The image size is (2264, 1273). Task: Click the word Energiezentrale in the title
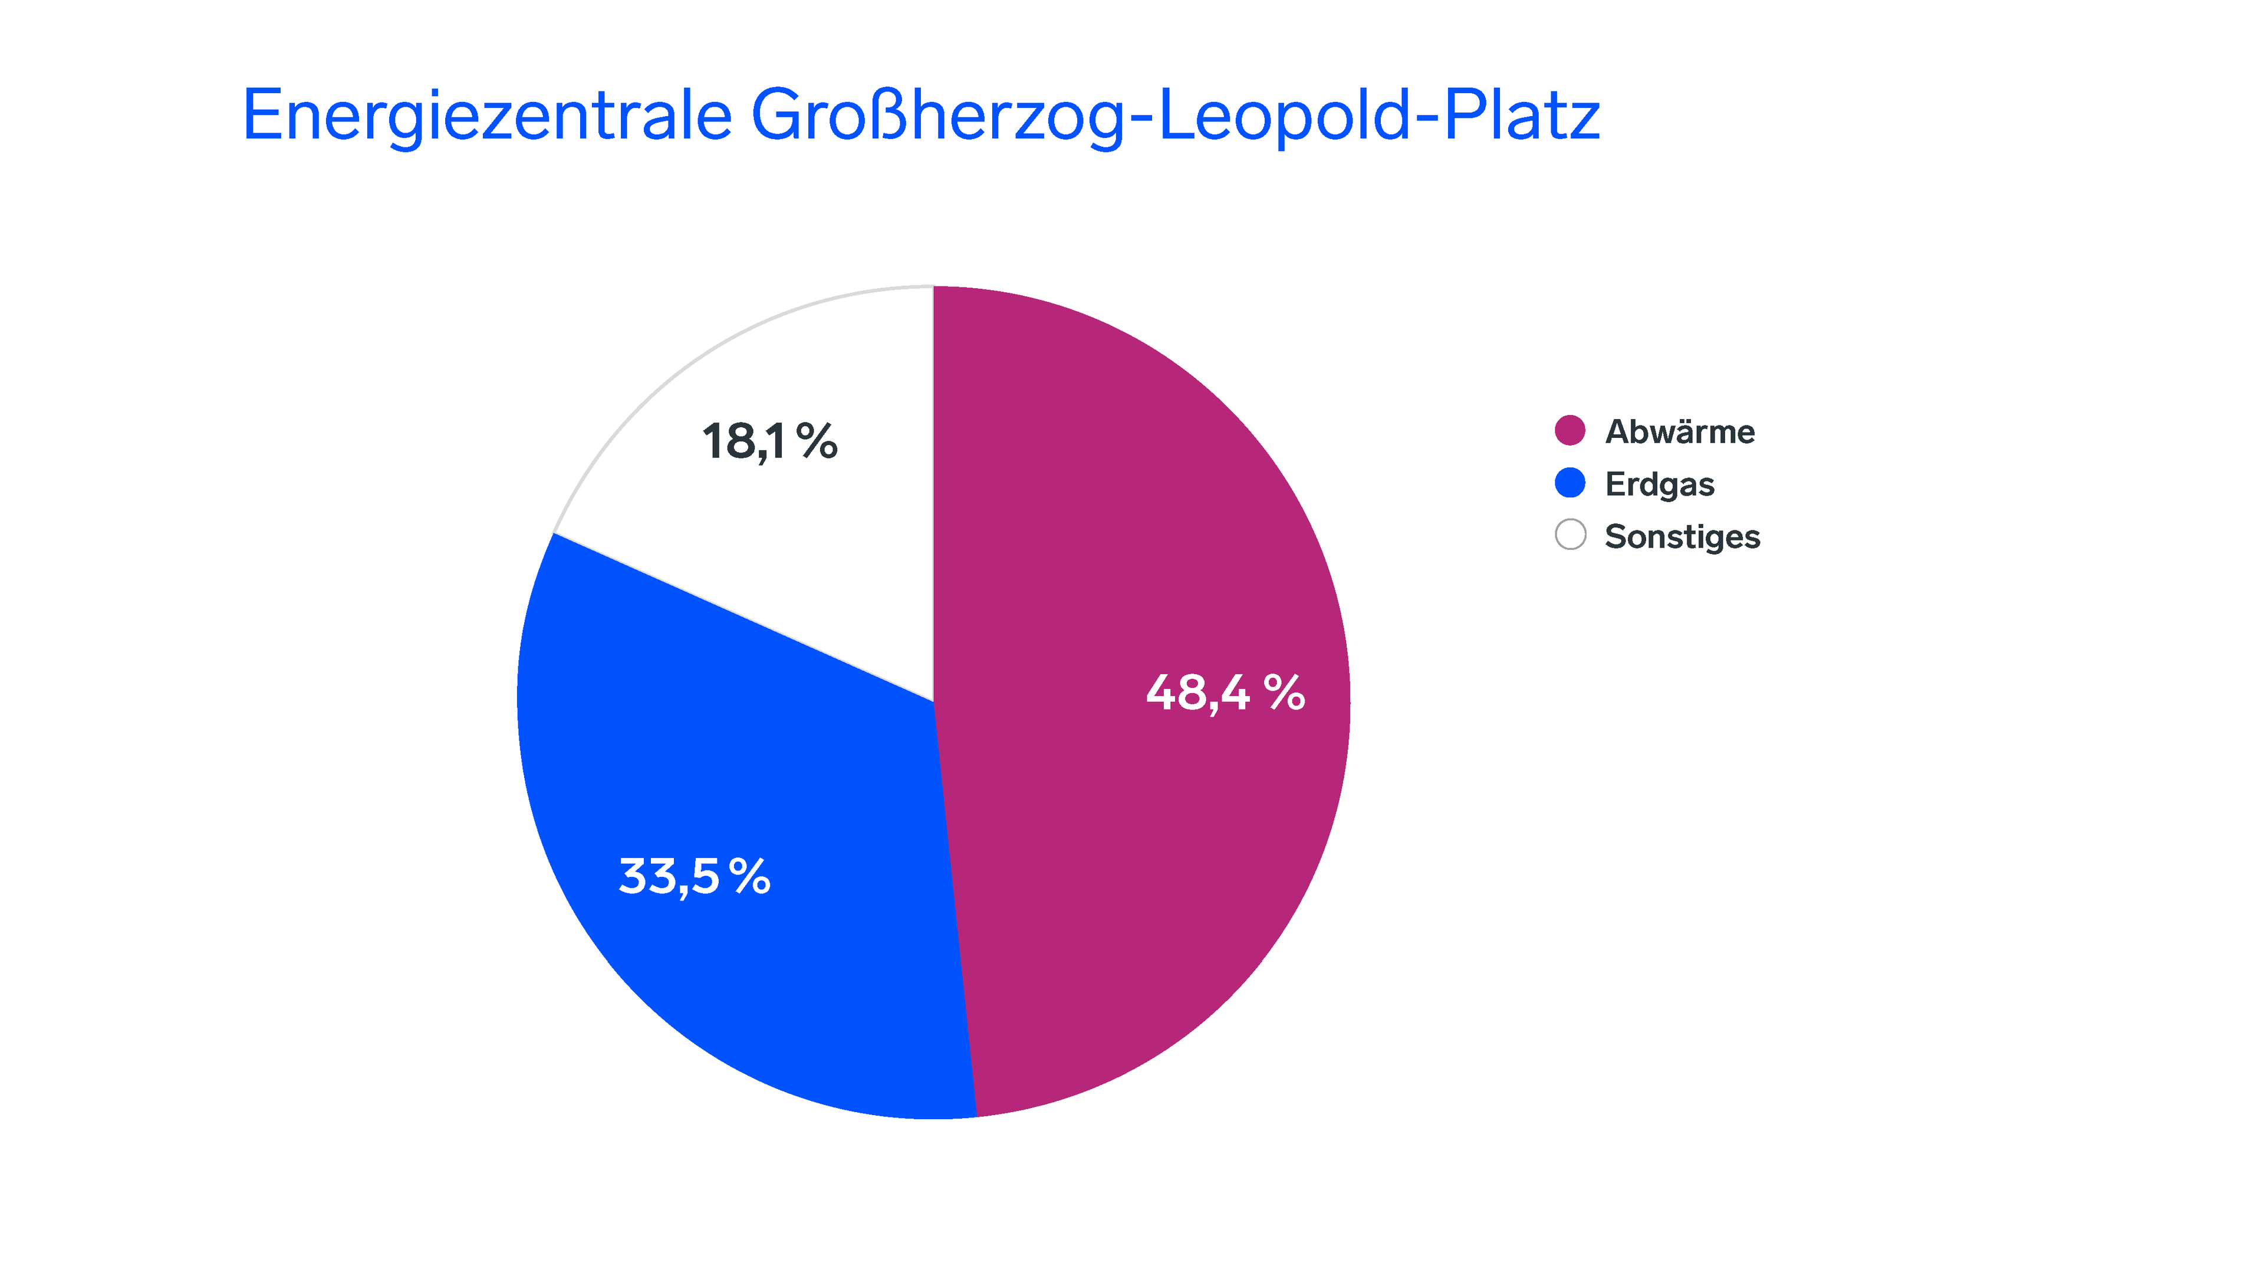coord(486,116)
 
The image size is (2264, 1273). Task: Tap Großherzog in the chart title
coord(937,116)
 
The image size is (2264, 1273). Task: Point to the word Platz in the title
coord(1521,116)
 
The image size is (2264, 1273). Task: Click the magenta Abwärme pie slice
coord(1143,527)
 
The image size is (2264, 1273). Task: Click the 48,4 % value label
coord(1225,693)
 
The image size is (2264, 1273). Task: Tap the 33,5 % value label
coord(695,877)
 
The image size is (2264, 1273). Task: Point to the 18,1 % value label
coord(769,441)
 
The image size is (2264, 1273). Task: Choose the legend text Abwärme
coord(1680,431)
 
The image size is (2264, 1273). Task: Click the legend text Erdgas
coord(1659,484)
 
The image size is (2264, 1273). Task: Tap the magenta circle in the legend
coord(1569,430)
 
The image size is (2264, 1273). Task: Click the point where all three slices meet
coord(933,701)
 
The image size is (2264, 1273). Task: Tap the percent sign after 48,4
coord(1284,692)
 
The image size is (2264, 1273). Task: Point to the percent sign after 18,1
coord(817,440)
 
